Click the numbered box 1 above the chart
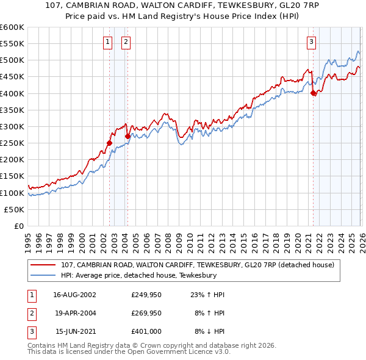click(x=107, y=42)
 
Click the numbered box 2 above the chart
click(x=126, y=42)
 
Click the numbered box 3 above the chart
click(x=311, y=42)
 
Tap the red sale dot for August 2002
click(x=110, y=143)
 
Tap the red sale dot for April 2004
click(x=127, y=137)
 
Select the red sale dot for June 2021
click(x=313, y=93)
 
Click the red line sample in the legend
click(x=43, y=265)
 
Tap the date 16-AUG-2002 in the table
click(x=74, y=295)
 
